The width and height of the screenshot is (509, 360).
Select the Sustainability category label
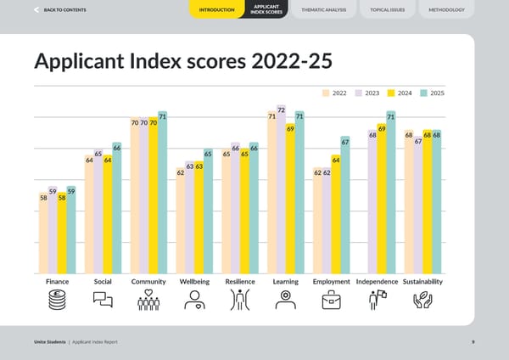(422, 281)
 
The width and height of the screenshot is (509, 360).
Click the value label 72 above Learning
(281, 109)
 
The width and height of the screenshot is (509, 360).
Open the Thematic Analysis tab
(322, 9)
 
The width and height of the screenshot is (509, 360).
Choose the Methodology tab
(446, 9)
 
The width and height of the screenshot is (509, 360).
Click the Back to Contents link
(59, 9)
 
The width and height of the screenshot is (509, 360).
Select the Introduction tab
(216, 10)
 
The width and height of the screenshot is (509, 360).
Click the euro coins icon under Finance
(58, 300)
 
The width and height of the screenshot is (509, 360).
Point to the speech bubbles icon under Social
(103, 300)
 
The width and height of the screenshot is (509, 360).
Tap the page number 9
(473, 341)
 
